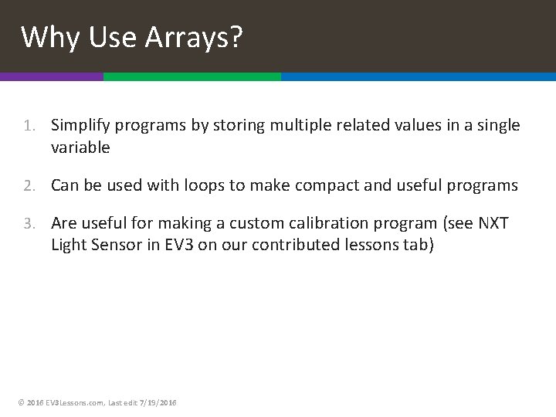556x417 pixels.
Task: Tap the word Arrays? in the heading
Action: (194, 36)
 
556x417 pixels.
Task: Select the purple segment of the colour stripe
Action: (51, 77)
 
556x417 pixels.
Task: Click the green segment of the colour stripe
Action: (192, 77)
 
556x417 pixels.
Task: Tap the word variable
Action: (80, 147)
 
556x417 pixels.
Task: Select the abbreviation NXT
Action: (493, 223)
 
